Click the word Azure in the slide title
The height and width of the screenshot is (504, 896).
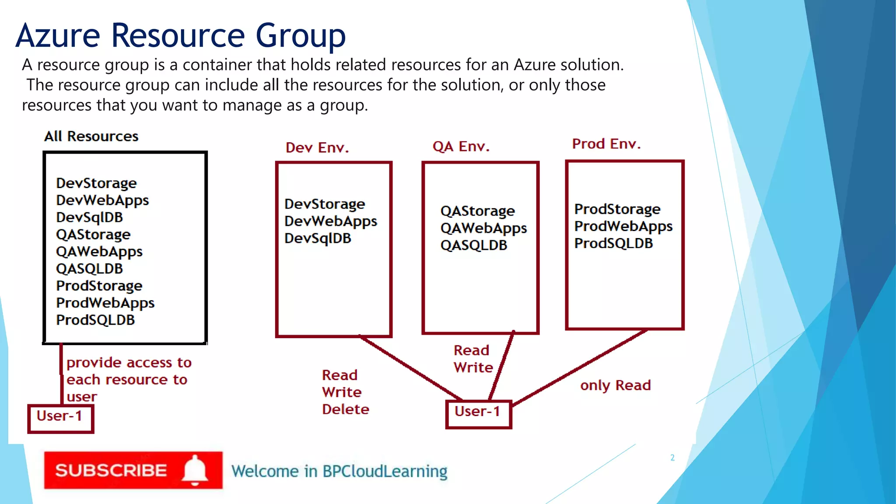(x=58, y=36)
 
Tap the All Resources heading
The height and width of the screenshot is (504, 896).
(x=91, y=136)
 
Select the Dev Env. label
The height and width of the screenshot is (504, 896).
(x=317, y=148)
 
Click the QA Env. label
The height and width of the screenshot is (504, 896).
(x=461, y=147)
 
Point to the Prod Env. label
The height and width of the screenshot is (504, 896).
(x=606, y=144)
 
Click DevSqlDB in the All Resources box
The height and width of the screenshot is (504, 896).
(x=89, y=217)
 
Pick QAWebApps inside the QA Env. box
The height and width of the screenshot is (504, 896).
(x=483, y=228)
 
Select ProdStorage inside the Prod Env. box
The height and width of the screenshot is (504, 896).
(x=617, y=210)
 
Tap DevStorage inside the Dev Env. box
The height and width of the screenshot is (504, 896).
(x=325, y=204)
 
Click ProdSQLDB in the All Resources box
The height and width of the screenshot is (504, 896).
(x=95, y=320)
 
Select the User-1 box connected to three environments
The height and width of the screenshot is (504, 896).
(x=478, y=413)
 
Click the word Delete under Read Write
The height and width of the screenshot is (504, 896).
(x=346, y=409)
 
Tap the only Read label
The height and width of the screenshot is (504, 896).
(x=615, y=385)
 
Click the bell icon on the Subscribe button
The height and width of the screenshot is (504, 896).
(x=195, y=470)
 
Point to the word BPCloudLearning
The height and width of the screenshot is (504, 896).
(x=385, y=472)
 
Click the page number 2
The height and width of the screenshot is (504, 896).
(x=672, y=458)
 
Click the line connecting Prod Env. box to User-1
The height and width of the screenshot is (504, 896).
(x=580, y=367)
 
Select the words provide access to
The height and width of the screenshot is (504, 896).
(x=129, y=363)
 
